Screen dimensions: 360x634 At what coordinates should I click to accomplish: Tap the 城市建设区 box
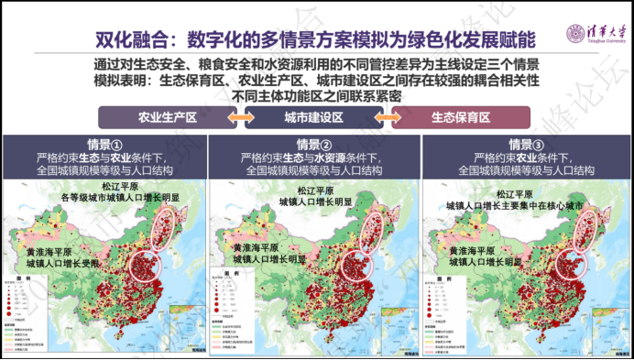(313, 119)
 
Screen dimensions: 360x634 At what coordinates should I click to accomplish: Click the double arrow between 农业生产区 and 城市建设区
(241, 119)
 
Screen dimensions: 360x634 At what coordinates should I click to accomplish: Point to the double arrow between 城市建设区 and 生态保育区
(388, 119)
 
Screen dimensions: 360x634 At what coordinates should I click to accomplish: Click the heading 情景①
(105, 145)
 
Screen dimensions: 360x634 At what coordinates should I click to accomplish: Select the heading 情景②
(313, 145)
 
